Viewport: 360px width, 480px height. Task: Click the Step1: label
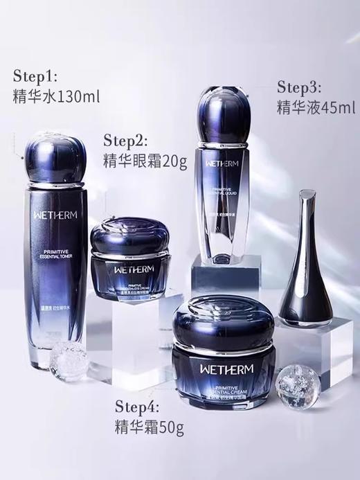38,76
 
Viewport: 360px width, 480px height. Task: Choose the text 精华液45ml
316,108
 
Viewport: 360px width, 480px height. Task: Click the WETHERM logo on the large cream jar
219,381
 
